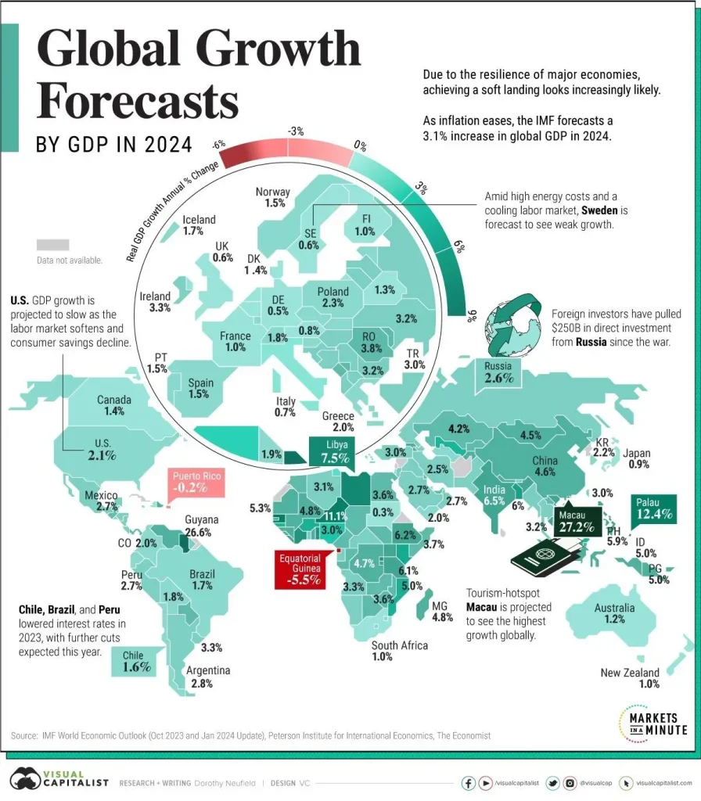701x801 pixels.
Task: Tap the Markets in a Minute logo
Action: (x=652, y=721)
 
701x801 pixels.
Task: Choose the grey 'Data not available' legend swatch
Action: (x=52, y=244)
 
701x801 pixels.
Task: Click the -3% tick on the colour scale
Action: (x=296, y=131)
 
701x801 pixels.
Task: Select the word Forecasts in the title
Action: (x=138, y=104)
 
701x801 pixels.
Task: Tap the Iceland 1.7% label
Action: (x=198, y=225)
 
